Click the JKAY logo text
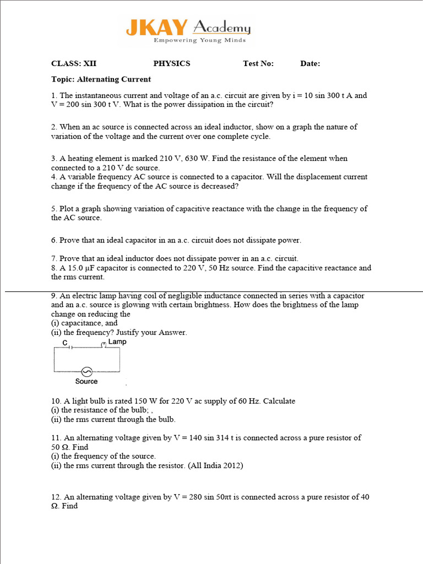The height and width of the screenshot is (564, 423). click(157, 28)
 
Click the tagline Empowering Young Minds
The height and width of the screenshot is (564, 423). click(199, 40)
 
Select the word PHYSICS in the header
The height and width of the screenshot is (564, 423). click(171, 63)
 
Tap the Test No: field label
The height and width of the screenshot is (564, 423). click(258, 63)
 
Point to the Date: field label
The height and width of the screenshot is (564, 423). click(310, 63)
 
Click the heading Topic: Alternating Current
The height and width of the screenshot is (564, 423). click(101, 79)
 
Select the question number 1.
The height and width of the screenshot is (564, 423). click(53, 95)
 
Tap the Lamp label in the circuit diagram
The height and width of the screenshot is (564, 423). click(117, 342)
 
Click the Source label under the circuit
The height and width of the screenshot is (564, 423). click(86, 381)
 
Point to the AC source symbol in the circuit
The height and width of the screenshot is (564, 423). click(86, 371)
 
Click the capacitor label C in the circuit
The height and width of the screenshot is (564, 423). click(64, 343)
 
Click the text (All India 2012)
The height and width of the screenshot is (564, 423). click(215, 465)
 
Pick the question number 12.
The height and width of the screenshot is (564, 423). click(55, 497)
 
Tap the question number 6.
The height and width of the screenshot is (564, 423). click(53, 240)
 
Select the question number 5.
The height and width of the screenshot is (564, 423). click(53, 209)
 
